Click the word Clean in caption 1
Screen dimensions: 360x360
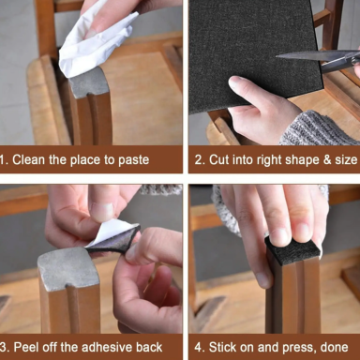[37, 159]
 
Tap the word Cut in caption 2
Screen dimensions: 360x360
[217, 159]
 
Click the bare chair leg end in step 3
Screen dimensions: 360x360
[70, 272]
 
